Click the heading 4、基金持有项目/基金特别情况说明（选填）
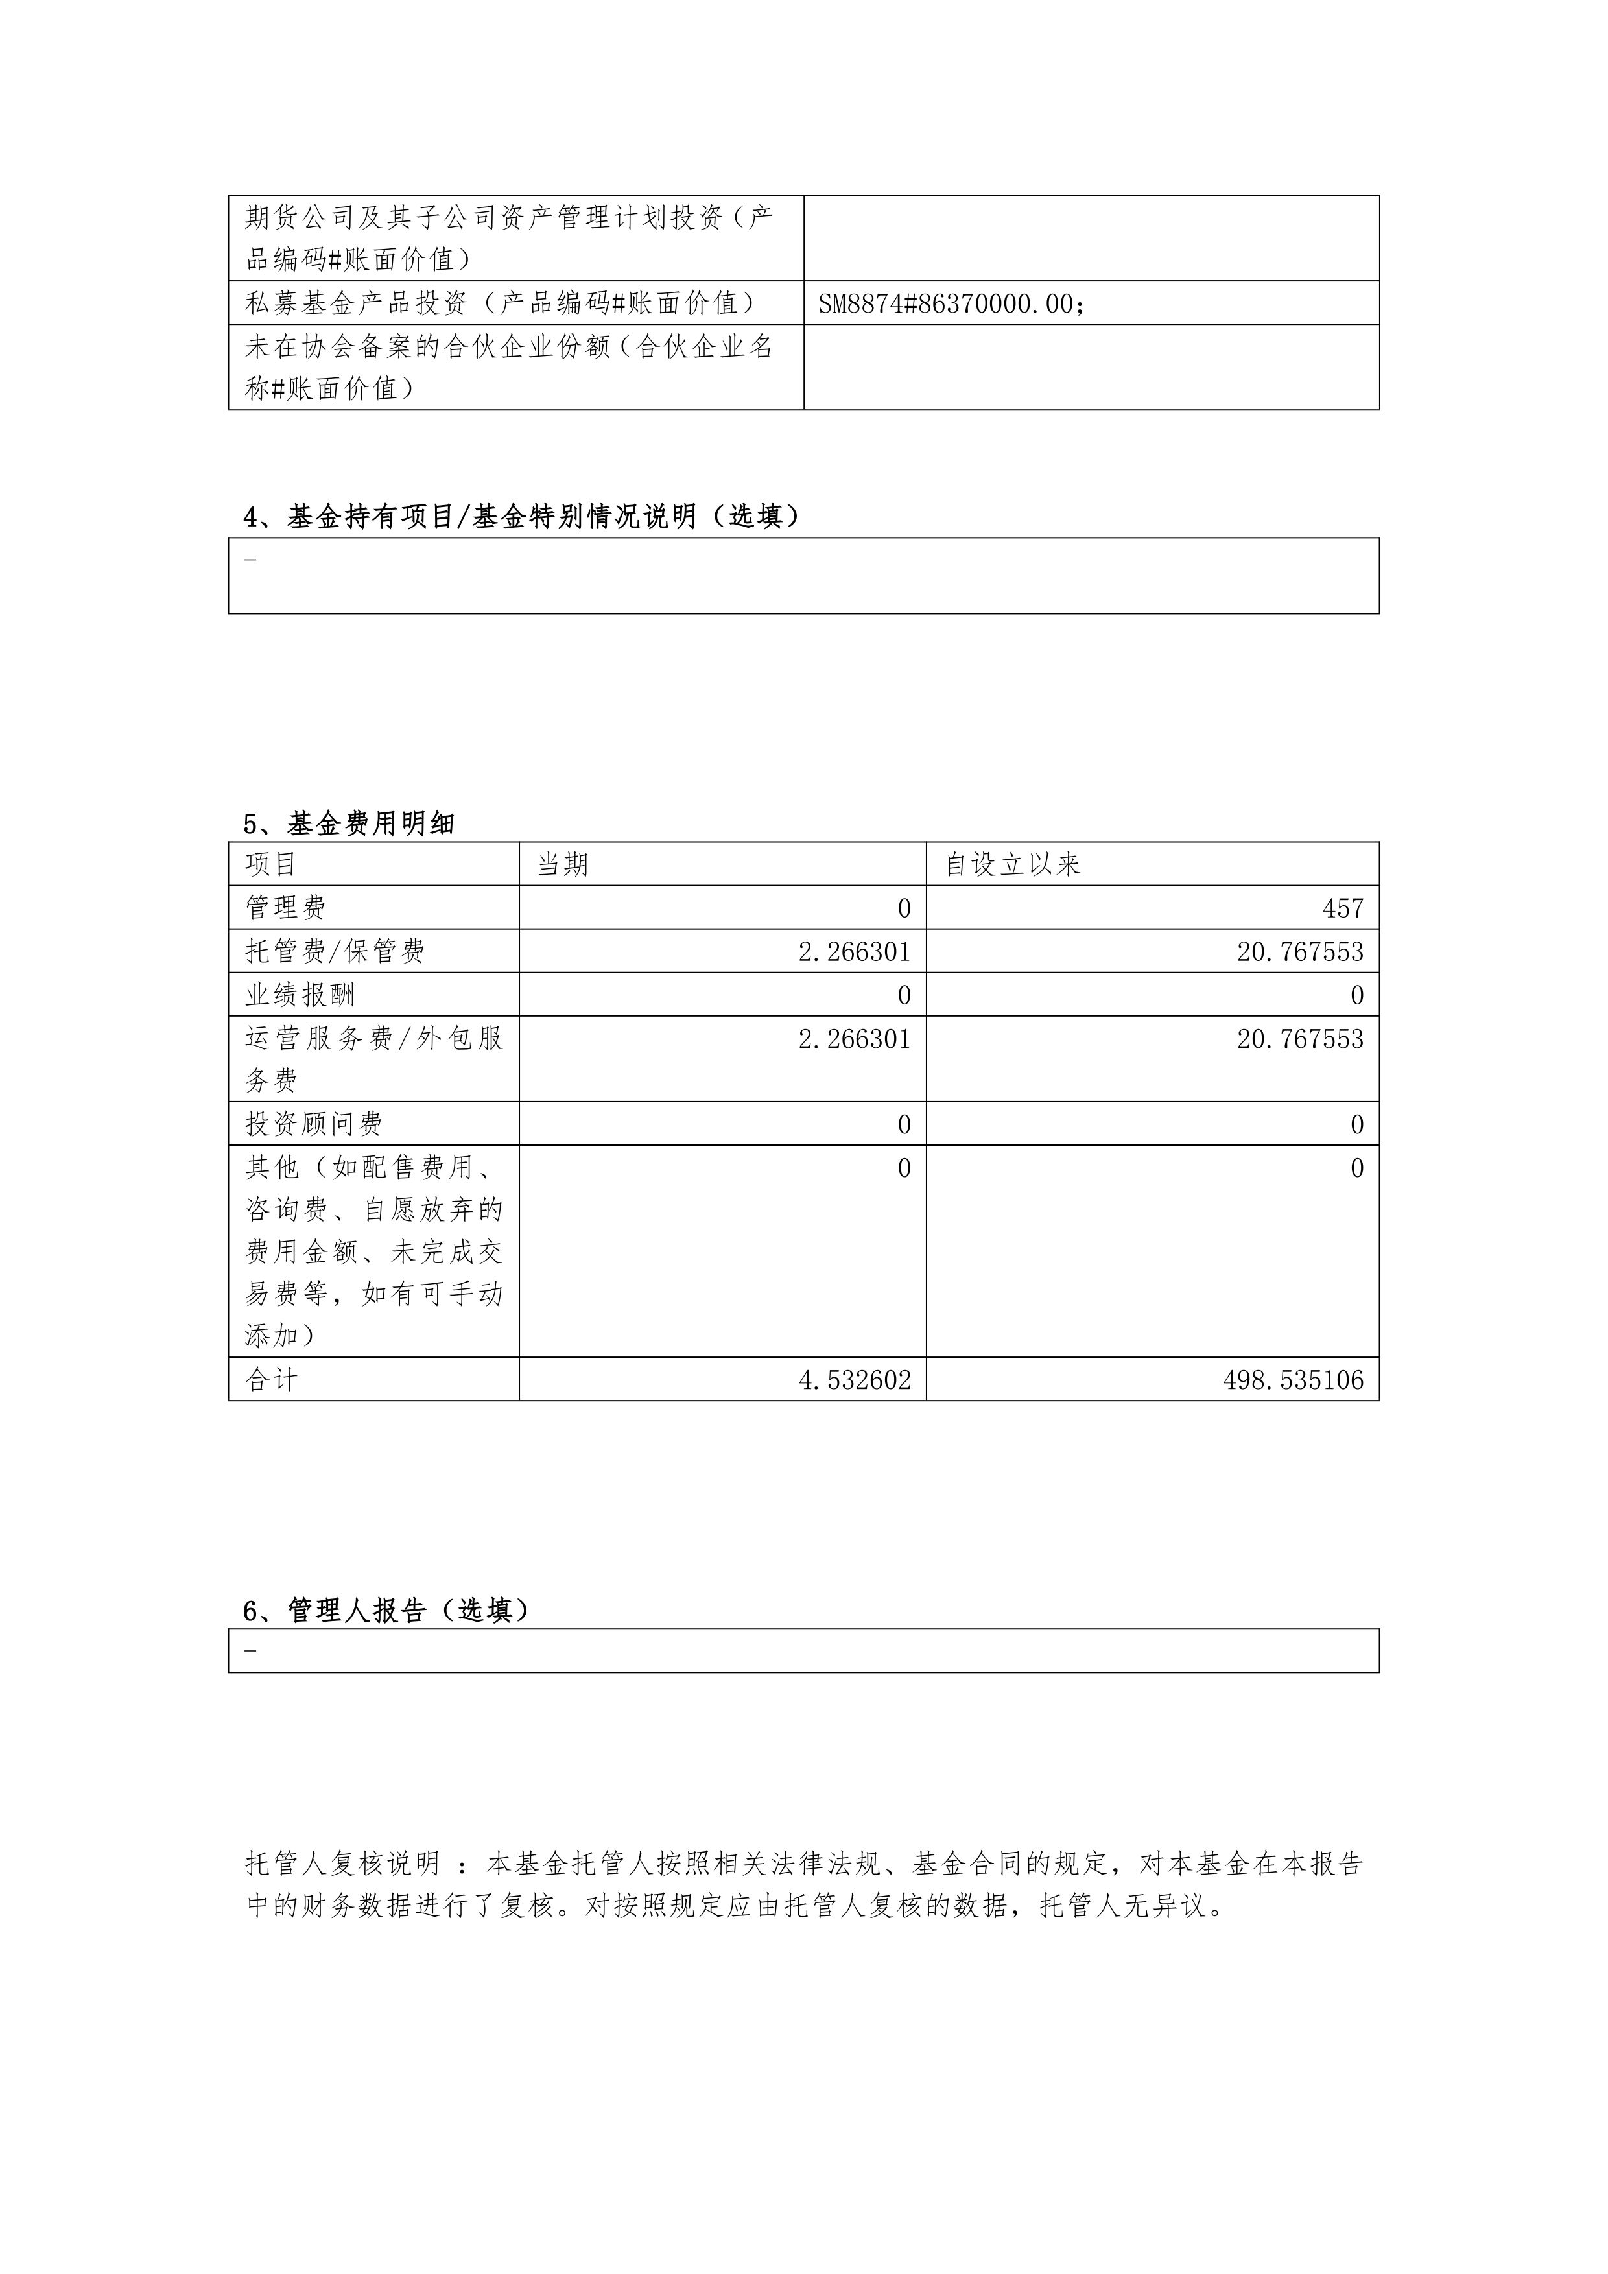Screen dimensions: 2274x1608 (522, 516)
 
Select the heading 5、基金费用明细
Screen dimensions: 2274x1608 (349, 823)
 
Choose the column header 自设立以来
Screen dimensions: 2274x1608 (1012, 864)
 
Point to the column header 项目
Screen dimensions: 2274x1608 (271, 864)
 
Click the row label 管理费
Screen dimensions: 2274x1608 (285, 907)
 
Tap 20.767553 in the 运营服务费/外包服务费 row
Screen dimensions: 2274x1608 (1299, 1039)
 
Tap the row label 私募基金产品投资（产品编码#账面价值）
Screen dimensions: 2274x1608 (500, 303)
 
